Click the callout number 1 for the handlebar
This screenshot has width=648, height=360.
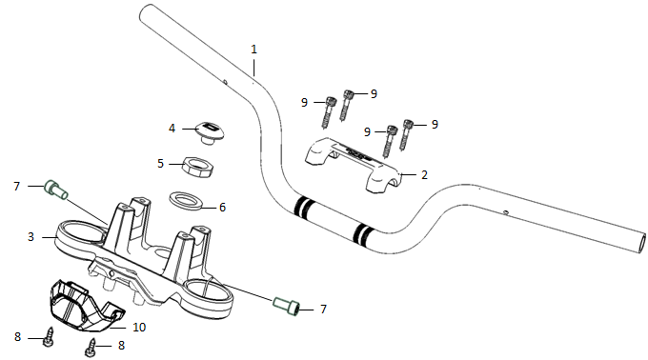(x=253, y=50)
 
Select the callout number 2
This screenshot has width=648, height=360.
(x=424, y=175)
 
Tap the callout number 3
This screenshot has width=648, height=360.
(x=30, y=237)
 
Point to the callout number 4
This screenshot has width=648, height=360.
(x=172, y=129)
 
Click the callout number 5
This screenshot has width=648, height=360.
(x=160, y=164)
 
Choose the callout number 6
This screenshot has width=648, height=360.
(x=222, y=208)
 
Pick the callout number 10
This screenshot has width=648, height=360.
(x=139, y=328)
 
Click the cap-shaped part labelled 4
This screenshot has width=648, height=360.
(x=212, y=131)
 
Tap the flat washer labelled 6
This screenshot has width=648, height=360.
(x=186, y=200)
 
